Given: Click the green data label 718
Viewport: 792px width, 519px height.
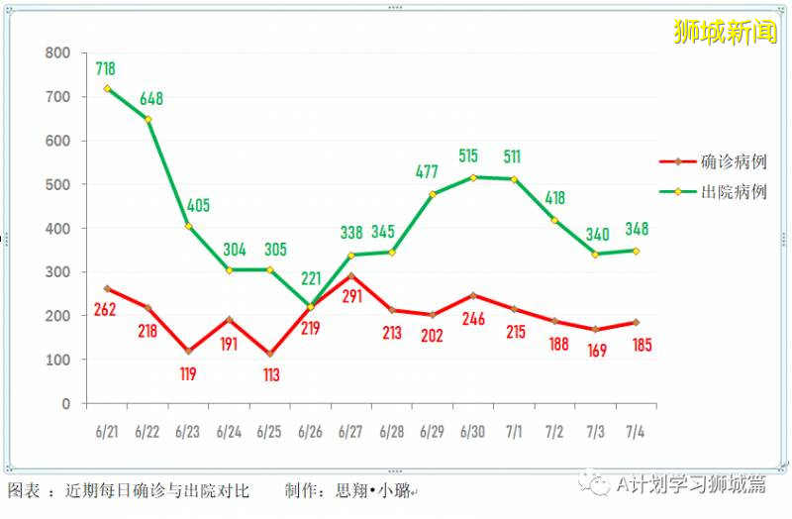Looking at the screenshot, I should (106, 69).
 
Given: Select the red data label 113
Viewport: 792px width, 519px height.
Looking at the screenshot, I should (270, 375).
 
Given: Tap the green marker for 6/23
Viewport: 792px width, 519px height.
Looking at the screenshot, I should (188, 226).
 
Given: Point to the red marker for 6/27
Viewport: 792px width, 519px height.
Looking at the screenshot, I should (350, 276).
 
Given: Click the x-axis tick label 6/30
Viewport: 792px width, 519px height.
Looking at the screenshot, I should (472, 432).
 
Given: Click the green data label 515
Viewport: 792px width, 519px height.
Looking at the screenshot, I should (472, 156).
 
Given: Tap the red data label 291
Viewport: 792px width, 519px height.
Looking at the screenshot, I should (351, 295).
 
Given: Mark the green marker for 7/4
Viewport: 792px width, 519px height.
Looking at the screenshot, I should (636, 251).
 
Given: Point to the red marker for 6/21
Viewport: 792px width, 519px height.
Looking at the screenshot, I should (107, 289).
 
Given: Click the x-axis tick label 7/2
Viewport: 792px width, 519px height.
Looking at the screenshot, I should (554, 432).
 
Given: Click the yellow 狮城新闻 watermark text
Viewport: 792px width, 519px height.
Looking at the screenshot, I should (725, 33).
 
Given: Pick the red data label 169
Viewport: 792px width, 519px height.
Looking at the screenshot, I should (597, 348).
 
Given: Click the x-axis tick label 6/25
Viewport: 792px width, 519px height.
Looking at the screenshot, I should (269, 432).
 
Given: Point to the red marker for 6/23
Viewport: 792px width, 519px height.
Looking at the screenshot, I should (188, 352).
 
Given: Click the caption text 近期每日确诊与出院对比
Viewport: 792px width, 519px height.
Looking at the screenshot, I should (157, 490).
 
